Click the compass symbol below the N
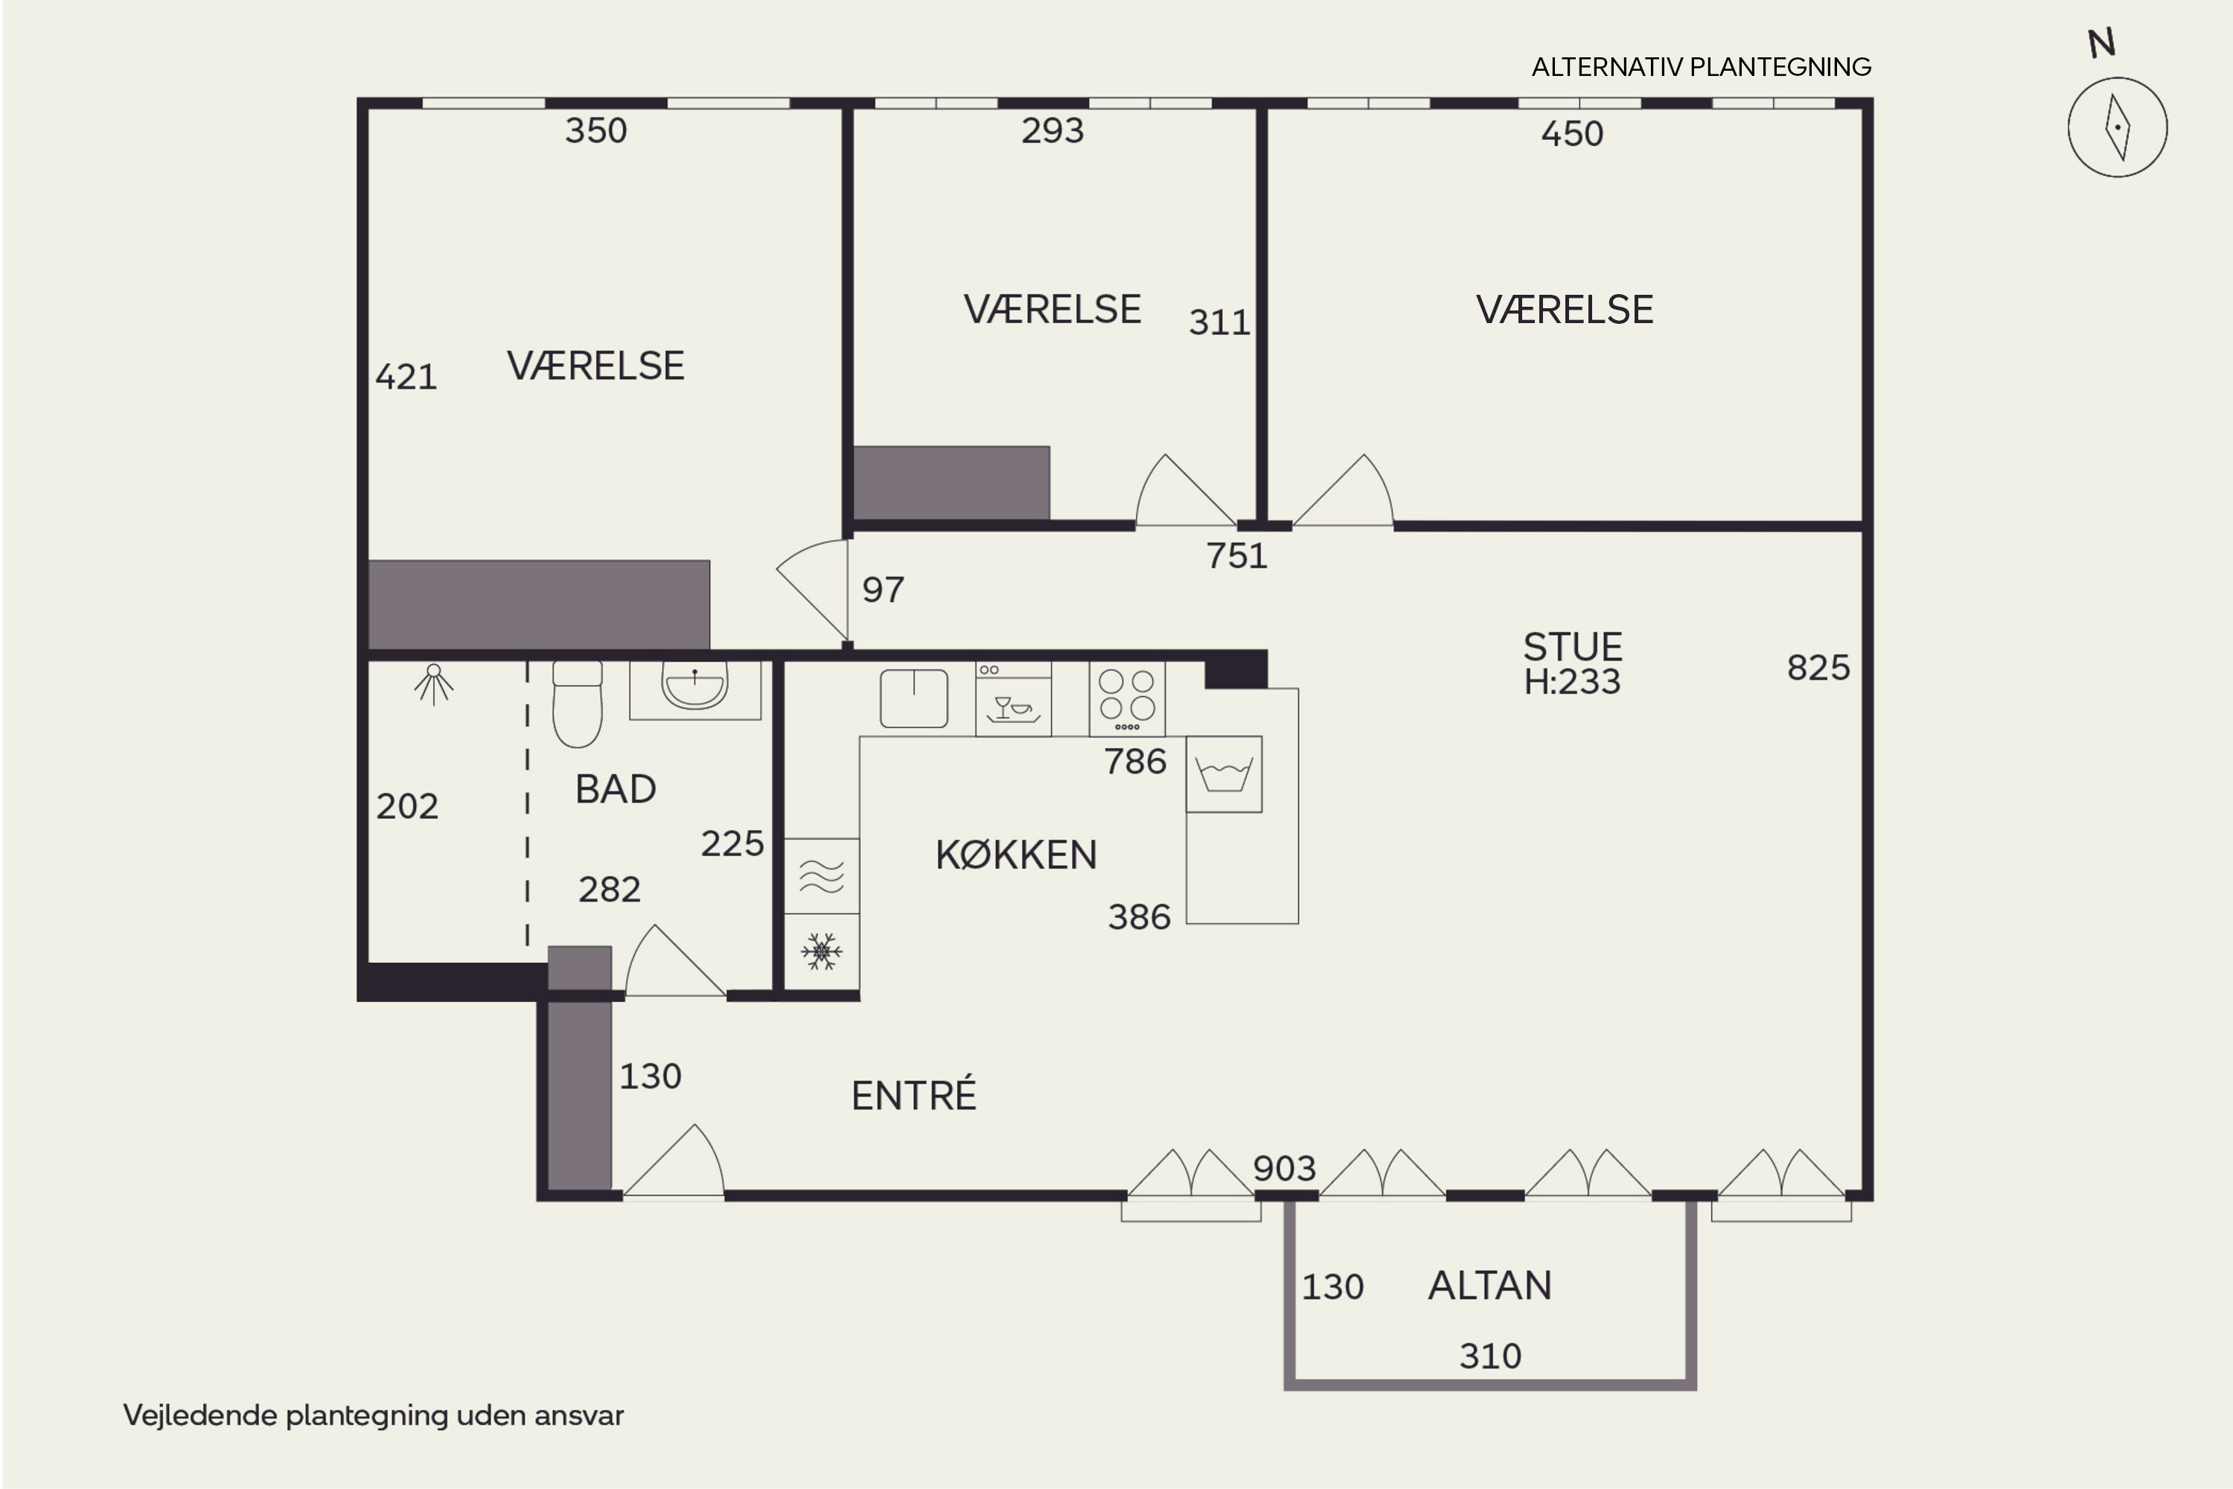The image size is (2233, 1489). (x=2117, y=127)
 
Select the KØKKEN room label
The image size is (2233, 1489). (x=1016, y=855)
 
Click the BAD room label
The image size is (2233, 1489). (x=616, y=789)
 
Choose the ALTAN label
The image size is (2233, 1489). (x=1489, y=1286)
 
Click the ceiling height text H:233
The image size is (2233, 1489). (x=1572, y=682)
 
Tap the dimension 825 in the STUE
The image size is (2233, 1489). (x=1818, y=668)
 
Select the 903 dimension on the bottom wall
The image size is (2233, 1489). (x=1285, y=1168)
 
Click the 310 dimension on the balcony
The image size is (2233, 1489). (x=1489, y=1356)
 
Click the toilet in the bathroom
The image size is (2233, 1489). (x=578, y=704)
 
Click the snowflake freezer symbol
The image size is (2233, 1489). (x=821, y=951)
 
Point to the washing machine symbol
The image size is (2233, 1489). (x=1224, y=774)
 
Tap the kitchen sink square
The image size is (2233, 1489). (x=914, y=699)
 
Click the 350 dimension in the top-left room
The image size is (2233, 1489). (x=596, y=131)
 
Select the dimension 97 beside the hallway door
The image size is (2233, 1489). (x=883, y=590)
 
